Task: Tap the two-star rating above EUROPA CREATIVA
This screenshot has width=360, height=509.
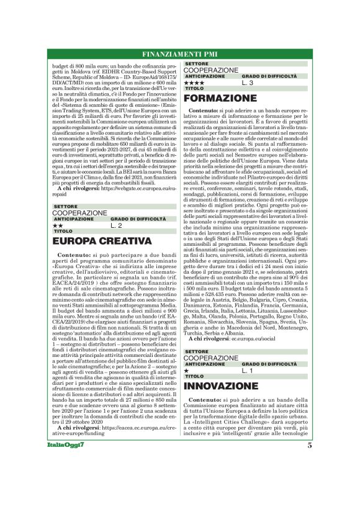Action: (56, 225)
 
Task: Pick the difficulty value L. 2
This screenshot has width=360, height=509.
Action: (117, 225)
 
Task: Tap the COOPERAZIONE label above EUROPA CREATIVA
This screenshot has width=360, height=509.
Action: (79, 212)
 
